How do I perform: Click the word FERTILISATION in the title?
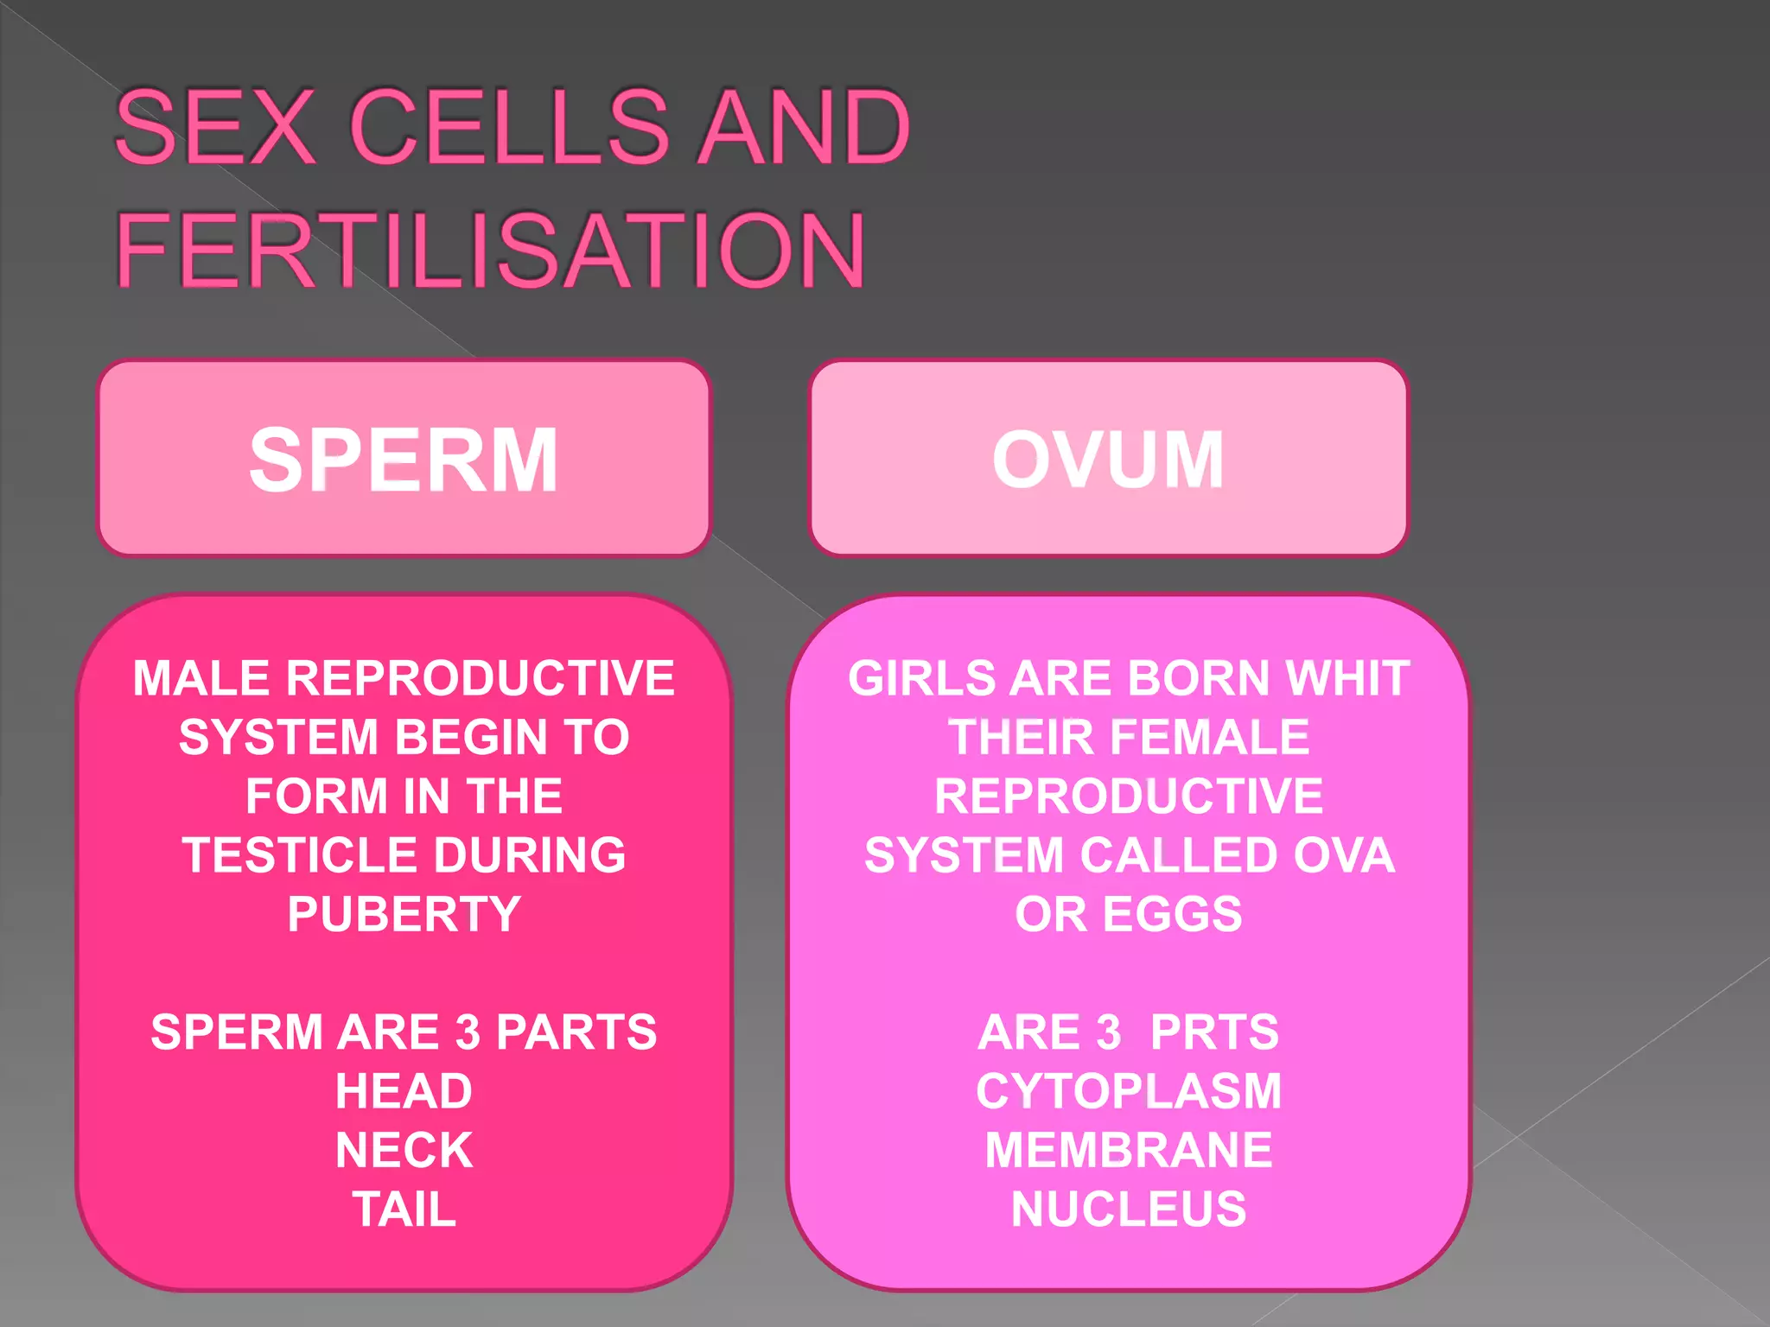point(489,251)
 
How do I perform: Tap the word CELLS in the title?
point(510,127)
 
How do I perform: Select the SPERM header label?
point(404,460)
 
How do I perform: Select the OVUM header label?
point(1108,460)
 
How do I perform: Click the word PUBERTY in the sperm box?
point(404,914)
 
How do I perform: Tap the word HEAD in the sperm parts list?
point(404,1091)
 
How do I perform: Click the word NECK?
point(404,1150)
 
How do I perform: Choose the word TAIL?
point(404,1209)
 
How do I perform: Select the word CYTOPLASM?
point(1129,1091)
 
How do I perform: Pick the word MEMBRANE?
point(1129,1150)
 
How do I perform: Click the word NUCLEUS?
point(1129,1209)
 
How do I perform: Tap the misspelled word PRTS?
point(1213,1032)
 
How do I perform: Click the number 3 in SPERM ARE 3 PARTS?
point(468,1032)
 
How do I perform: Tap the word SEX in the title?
point(214,127)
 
